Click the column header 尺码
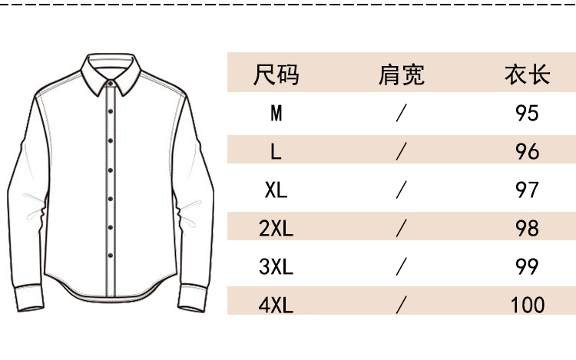[x=276, y=75]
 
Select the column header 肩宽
[x=401, y=75]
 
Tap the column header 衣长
[x=527, y=75]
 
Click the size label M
[x=276, y=114]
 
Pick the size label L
[x=276, y=151]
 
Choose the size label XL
[x=276, y=190]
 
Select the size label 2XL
[x=276, y=228]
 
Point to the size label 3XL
[x=276, y=266]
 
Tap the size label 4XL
[x=276, y=305]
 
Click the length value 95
[x=527, y=114]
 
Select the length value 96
[x=527, y=151]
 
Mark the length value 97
[x=527, y=190]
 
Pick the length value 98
[x=527, y=228]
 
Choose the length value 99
[x=527, y=266]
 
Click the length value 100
[x=527, y=305]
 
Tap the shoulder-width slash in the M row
[x=401, y=114]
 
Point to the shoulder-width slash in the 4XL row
[x=401, y=305]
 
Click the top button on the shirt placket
[x=111, y=111]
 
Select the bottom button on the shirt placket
[x=111, y=256]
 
